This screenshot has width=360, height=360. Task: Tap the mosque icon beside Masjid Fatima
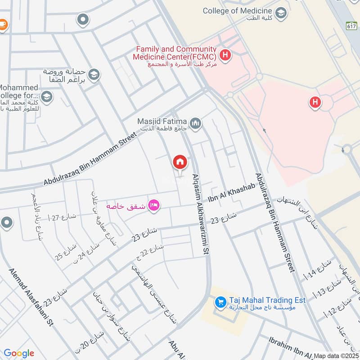pyautogui.click(x=195, y=123)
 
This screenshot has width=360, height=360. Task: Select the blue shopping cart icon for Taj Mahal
pyautogui.click(x=220, y=302)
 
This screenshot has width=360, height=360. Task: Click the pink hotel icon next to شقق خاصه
pyautogui.click(x=154, y=206)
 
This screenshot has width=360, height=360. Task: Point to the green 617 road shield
pyautogui.click(x=352, y=26)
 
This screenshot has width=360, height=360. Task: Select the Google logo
pyautogui.click(x=19, y=353)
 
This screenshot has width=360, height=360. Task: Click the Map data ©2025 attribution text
pyautogui.click(x=336, y=355)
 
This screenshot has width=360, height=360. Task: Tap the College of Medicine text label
pyautogui.click(x=237, y=10)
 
